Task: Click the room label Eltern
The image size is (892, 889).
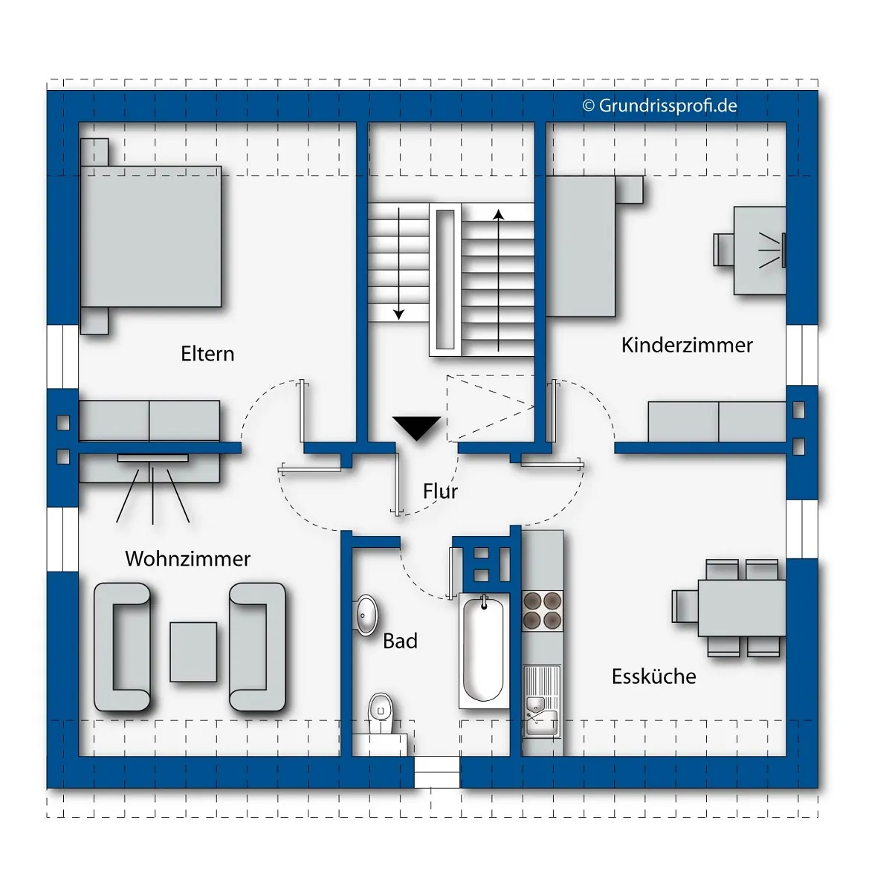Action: tap(207, 354)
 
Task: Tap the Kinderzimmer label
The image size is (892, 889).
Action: tap(687, 346)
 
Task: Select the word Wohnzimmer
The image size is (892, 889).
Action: tap(187, 558)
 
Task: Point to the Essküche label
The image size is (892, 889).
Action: tap(653, 676)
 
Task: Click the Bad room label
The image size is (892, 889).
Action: tap(400, 641)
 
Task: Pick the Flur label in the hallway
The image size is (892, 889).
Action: tap(440, 491)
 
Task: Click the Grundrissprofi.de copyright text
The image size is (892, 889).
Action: tap(659, 106)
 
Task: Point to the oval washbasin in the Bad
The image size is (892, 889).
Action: tap(366, 615)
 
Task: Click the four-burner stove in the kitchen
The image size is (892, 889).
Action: tap(542, 611)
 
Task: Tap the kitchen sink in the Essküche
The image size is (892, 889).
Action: tap(542, 702)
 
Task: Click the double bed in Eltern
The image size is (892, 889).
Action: tap(151, 236)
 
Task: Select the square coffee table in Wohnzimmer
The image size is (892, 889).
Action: tap(193, 652)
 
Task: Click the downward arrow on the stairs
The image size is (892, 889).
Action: tap(398, 263)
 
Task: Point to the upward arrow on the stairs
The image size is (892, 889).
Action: tap(498, 280)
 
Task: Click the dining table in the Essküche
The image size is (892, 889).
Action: tap(742, 608)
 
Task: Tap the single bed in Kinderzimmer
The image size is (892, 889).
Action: tap(581, 246)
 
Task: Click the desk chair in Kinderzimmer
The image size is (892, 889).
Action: tap(723, 250)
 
